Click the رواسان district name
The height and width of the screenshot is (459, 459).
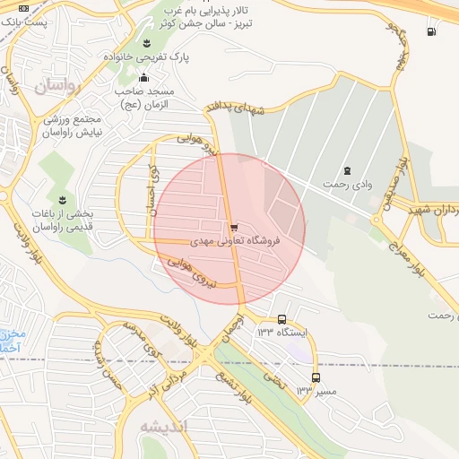57,86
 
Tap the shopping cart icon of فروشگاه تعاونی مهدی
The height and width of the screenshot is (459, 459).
234,228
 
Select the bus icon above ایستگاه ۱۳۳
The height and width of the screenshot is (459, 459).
282,319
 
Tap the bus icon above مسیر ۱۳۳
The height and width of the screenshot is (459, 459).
315,377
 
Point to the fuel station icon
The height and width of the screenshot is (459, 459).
433,32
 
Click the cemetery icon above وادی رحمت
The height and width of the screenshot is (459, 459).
347,170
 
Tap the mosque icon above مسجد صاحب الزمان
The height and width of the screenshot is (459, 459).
143,77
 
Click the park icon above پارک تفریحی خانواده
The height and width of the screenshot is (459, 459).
148,42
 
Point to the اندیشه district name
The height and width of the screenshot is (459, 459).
167,427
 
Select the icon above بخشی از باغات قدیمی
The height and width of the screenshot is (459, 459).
62,198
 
